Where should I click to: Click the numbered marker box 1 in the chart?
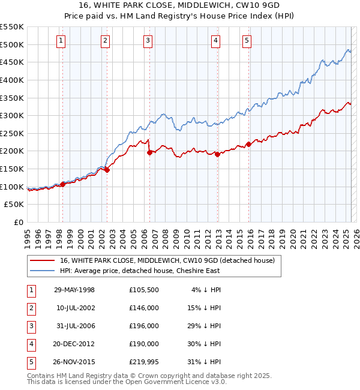point(62,41)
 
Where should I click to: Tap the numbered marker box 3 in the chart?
point(148,41)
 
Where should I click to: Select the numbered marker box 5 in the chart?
point(247,41)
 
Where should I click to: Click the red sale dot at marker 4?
point(217,154)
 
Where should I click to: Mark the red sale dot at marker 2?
point(107,170)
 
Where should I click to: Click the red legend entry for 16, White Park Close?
point(167,260)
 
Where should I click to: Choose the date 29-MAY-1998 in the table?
point(74,290)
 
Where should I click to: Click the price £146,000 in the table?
point(144,308)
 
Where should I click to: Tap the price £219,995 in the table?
point(144,362)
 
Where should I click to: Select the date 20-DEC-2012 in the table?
point(74,344)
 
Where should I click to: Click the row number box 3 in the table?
point(29,326)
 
